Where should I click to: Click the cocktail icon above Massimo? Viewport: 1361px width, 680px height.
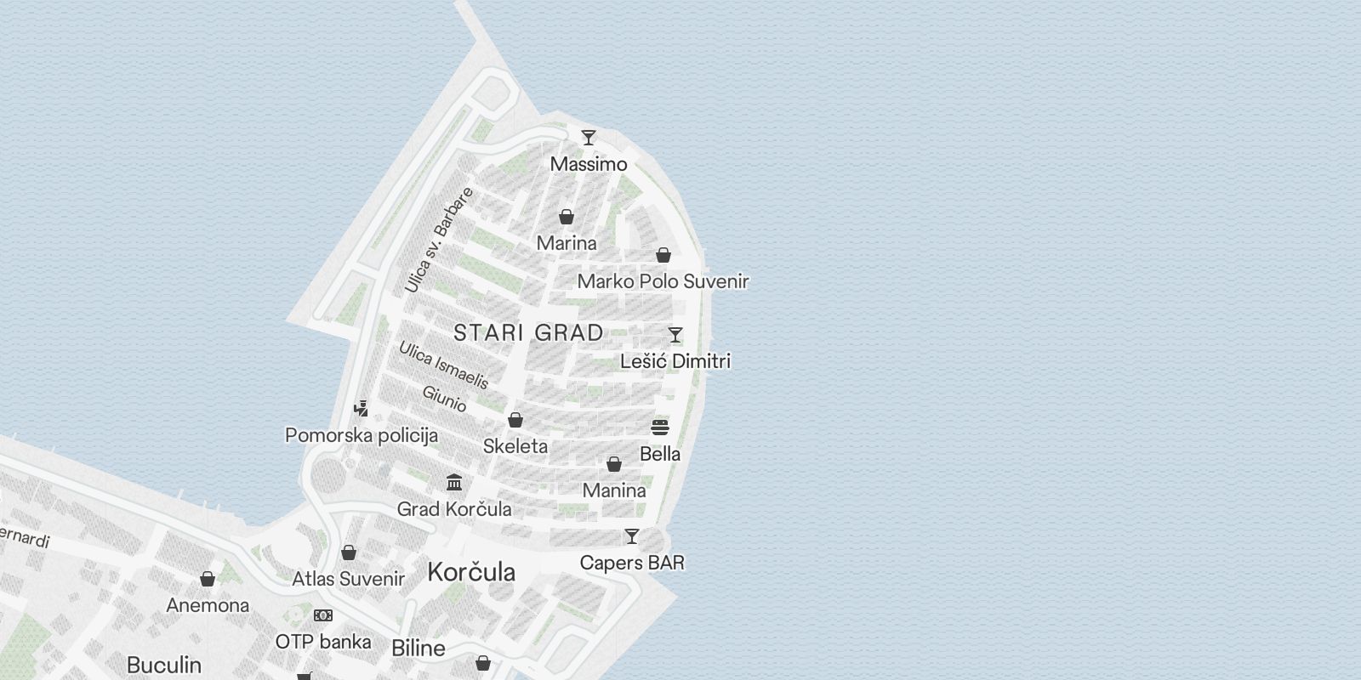[x=588, y=137]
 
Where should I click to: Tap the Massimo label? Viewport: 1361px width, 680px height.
[x=589, y=164]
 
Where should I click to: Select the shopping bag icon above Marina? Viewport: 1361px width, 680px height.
[x=567, y=217]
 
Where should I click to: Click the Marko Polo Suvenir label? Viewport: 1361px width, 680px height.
[x=663, y=281]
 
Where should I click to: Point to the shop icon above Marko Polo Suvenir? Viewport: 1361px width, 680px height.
[x=663, y=255]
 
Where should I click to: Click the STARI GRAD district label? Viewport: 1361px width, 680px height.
[x=528, y=332]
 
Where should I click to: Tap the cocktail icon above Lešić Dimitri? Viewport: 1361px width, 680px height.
[x=675, y=335]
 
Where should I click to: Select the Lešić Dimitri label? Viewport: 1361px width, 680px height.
[x=675, y=361]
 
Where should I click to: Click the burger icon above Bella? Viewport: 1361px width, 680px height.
[x=660, y=428]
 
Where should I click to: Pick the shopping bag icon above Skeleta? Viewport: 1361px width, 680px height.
[x=515, y=420]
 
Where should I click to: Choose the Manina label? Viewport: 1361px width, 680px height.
[x=614, y=490]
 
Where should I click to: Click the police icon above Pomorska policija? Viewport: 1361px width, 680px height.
[x=362, y=409]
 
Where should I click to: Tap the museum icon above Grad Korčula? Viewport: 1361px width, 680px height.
[x=454, y=483]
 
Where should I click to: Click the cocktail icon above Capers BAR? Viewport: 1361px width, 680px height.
[x=632, y=536]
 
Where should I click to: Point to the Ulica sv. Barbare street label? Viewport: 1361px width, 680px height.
[x=438, y=241]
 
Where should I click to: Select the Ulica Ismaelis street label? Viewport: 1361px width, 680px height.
[x=443, y=365]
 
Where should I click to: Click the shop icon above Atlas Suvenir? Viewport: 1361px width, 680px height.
[x=348, y=553]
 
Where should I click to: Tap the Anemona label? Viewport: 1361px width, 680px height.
[x=208, y=605]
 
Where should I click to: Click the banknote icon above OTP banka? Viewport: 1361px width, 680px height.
[x=323, y=615]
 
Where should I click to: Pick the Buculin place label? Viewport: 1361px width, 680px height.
[x=164, y=664]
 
